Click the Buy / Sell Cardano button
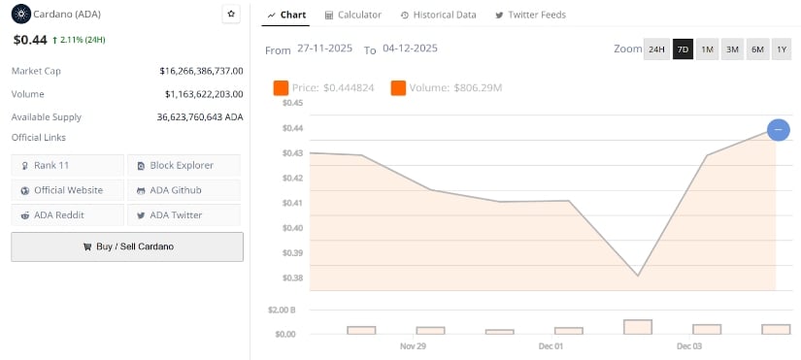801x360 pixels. click(127, 246)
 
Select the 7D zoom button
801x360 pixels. click(683, 49)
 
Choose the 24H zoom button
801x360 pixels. click(656, 49)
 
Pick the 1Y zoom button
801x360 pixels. click(781, 49)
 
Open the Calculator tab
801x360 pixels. click(352, 16)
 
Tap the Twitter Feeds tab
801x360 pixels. click(530, 16)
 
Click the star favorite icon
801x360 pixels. click(231, 14)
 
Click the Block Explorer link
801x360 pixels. click(184, 165)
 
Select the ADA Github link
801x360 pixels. click(184, 190)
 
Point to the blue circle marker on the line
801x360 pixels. click(778, 129)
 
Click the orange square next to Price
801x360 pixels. click(282, 88)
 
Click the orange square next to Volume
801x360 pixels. click(398, 88)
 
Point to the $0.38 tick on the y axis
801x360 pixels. click(292, 278)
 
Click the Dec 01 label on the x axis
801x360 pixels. click(551, 346)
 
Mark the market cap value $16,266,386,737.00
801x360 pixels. click(201, 71)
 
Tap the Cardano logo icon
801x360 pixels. click(19, 14)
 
